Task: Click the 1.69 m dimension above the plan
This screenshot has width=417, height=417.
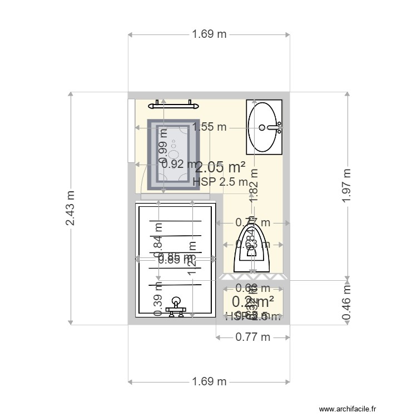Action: coord(209,34)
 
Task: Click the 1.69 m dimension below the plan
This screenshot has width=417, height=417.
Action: coord(209,381)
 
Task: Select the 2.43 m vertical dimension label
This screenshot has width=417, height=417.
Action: coord(70,208)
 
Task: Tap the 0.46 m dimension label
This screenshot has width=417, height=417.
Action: coord(347,302)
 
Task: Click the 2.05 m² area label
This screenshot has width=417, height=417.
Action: coord(221,166)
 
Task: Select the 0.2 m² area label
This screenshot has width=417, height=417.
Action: coord(252,301)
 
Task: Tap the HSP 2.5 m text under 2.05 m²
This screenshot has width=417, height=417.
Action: coord(220,181)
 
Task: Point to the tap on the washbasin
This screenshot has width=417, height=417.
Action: coord(275,127)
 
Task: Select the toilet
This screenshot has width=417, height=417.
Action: coord(253,250)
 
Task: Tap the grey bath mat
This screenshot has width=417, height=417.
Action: coord(173,155)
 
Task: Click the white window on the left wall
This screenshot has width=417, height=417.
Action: coord(131,131)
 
